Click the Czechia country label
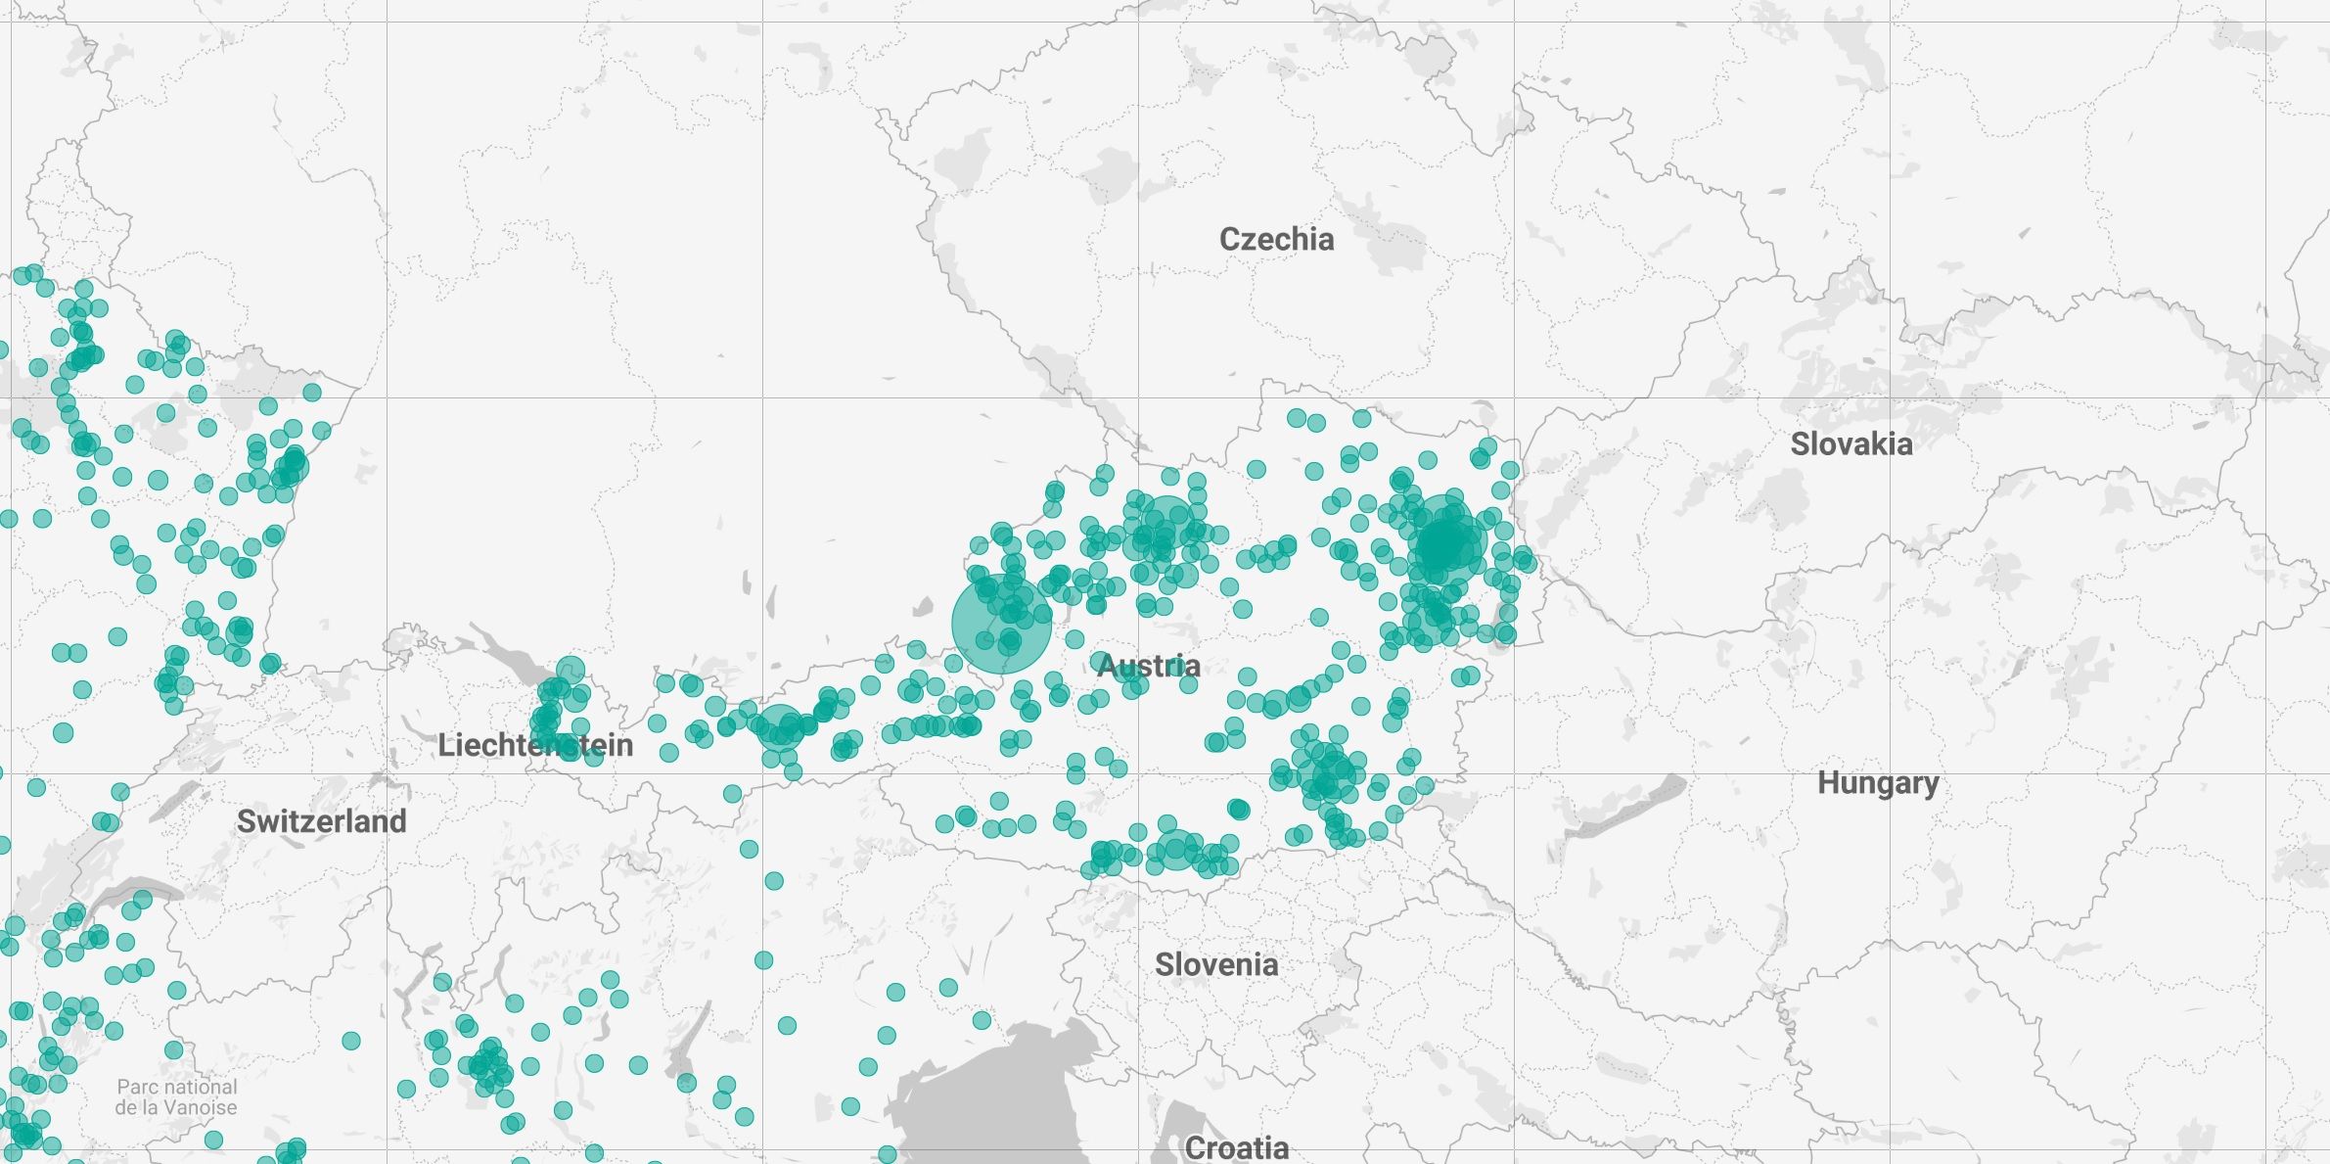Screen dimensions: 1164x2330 1276,239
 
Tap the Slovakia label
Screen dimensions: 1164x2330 1850,444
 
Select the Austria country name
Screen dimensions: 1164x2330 1148,667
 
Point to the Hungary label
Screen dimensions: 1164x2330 1877,783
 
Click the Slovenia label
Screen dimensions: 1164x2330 1215,965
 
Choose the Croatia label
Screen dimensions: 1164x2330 1236,1147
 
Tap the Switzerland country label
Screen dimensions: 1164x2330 321,821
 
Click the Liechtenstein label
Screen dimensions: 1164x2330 534,746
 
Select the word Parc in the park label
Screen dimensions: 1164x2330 135,1087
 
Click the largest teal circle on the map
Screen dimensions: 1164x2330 1001,624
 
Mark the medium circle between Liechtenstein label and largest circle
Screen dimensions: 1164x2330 780,726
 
